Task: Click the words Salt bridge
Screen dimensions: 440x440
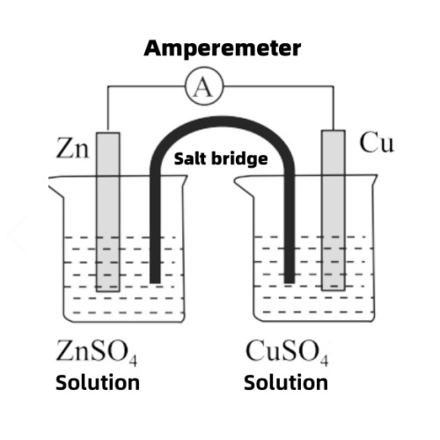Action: coord(219,159)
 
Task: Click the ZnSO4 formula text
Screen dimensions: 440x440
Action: coord(97,356)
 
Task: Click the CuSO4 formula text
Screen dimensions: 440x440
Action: coord(286,356)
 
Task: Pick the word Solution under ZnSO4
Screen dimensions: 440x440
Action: coord(97,383)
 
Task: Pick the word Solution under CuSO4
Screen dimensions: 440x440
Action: coord(286,383)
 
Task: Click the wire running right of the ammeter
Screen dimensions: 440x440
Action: coord(273,86)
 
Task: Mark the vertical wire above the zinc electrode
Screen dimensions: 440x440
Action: coord(107,109)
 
